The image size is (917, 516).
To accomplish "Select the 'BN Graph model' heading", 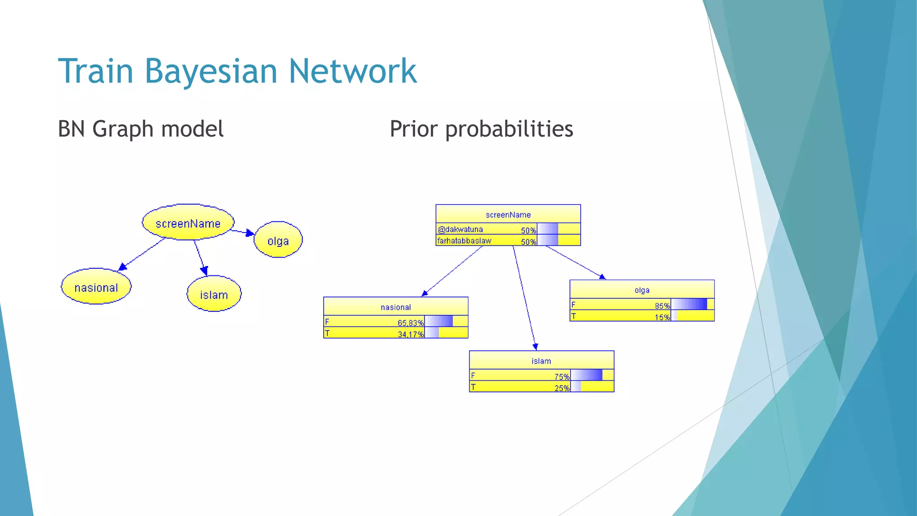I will (x=141, y=129).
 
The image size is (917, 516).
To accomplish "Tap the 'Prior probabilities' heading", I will (x=481, y=129).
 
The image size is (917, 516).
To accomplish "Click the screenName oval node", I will (x=188, y=223).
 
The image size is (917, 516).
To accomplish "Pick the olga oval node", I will (x=278, y=241).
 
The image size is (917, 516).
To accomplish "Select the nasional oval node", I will (x=96, y=288).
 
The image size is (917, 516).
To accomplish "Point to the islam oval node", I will (x=214, y=295).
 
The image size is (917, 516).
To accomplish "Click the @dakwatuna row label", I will (x=460, y=229).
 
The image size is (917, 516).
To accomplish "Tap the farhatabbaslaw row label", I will (x=464, y=241).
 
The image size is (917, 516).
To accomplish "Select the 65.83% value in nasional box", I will (x=410, y=323).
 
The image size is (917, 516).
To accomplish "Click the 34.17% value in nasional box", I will (x=410, y=334).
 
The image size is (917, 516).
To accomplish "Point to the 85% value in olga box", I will (x=662, y=306).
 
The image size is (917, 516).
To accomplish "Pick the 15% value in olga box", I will (x=662, y=317).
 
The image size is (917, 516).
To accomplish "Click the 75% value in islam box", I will (x=561, y=377).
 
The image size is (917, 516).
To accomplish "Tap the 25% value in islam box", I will (x=561, y=388).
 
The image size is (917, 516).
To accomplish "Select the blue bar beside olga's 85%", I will (x=689, y=305).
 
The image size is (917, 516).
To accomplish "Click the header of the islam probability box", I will (x=541, y=361).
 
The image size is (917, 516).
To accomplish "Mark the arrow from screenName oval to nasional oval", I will (x=142, y=254).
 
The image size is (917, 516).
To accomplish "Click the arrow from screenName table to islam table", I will (x=524, y=298).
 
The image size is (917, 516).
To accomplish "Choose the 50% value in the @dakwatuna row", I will (x=528, y=230).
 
